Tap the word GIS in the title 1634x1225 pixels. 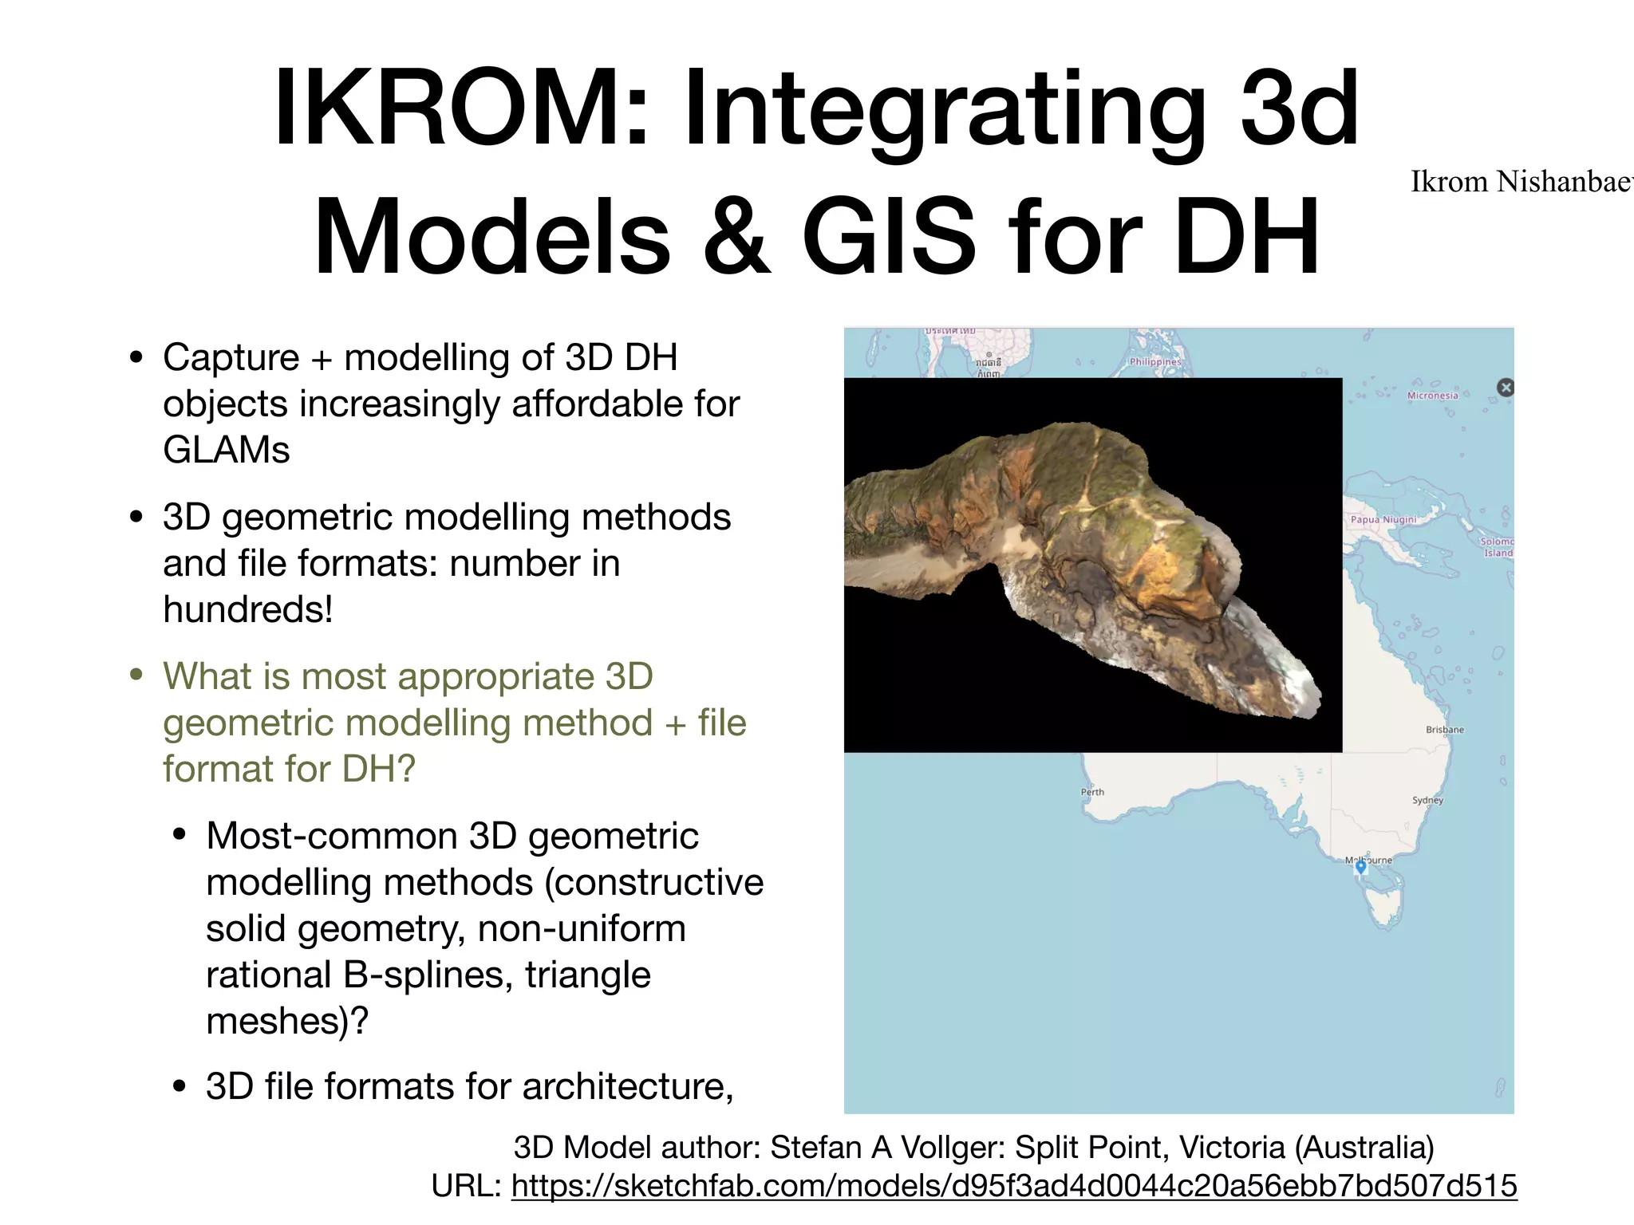point(888,237)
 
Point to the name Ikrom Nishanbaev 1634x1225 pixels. point(1521,182)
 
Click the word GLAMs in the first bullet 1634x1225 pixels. point(227,450)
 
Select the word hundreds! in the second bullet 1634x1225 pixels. point(247,609)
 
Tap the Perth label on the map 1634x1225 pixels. point(1092,792)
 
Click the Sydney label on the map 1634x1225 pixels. point(1427,800)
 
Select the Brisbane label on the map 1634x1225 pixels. point(1445,730)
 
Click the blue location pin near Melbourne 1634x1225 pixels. point(1361,868)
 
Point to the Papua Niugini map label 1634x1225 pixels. point(1383,519)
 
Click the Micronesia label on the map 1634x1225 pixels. point(1432,396)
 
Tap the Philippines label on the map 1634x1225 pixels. point(1154,362)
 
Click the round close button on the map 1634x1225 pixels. point(1506,388)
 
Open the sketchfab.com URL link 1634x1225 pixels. point(1013,1186)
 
